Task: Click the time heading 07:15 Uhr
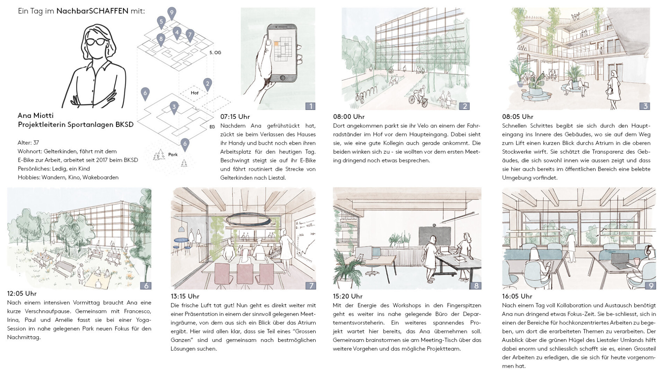235,117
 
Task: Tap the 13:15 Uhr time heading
185,296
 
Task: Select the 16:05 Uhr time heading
517,296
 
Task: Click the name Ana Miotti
36,115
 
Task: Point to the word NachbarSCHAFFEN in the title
92,11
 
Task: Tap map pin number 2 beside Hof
208,84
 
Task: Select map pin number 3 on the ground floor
174,107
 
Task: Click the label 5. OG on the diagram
215,52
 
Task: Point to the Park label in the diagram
173,154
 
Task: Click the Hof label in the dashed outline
195,93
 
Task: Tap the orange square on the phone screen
276,44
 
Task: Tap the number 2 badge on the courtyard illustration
464,106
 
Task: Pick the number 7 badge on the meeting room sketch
311,286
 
